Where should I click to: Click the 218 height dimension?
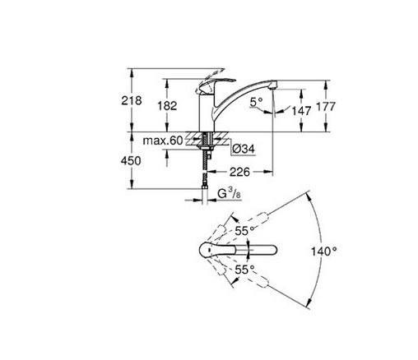(132, 100)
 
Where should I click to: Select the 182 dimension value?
(167, 106)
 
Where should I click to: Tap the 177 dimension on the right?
(326, 106)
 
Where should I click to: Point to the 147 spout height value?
(301, 111)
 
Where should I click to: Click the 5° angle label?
(256, 102)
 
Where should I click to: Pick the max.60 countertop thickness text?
(163, 141)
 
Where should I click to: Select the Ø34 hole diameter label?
(244, 149)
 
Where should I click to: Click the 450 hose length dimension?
(131, 161)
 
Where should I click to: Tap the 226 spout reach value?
(239, 172)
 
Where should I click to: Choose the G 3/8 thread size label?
(229, 193)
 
